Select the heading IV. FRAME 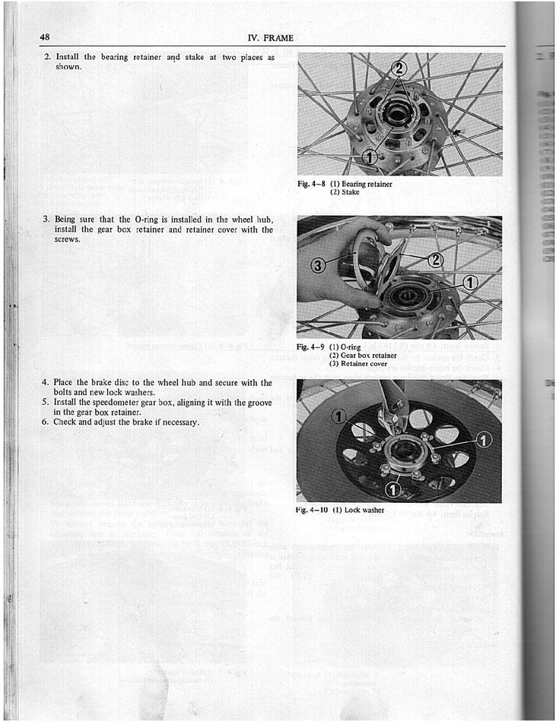click(x=270, y=38)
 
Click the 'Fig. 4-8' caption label click(x=312, y=184)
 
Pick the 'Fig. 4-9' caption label click(x=312, y=346)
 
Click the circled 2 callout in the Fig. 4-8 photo click(x=399, y=70)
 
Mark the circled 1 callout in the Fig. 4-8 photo click(x=370, y=157)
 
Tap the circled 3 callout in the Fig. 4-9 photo click(x=320, y=265)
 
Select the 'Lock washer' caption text click(x=364, y=510)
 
